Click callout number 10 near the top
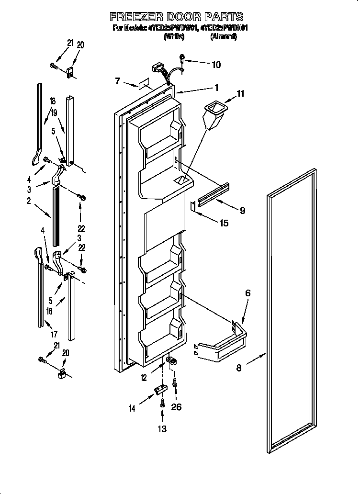(x=216, y=64)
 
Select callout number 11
(x=240, y=94)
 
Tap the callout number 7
(x=117, y=81)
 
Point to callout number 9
(x=243, y=210)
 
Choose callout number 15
(x=224, y=223)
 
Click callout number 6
(x=247, y=293)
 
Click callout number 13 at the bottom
(x=162, y=429)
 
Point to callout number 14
(x=133, y=408)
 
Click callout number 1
(x=216, y=88)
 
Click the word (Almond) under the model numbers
(x=223, y=36)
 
